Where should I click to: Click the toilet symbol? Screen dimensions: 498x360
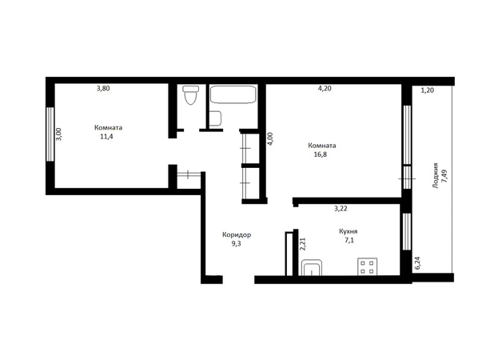pos(191,94)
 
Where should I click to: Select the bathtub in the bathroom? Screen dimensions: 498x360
pos(233,94)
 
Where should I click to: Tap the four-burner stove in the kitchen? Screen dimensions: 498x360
pos(368,266)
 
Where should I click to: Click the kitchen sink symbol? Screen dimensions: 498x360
pos(311,267)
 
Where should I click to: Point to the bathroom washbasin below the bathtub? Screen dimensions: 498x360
pos(215,118)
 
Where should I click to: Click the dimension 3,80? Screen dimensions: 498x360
pos(103,88)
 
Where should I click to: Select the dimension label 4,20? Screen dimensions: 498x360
pos(325,88)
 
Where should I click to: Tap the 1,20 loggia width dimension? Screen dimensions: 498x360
pos(427,90)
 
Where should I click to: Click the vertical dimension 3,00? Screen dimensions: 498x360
pos(58,134)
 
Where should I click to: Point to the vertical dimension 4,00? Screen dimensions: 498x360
pos(270,139)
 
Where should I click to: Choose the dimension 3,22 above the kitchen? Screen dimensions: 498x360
pos(341,209)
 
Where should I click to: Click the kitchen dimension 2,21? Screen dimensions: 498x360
pos(303,244)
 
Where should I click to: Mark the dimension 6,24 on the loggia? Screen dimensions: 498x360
pos(417,263)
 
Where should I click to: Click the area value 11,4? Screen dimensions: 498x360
pos(107,137)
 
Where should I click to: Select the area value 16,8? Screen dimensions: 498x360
pos(321,154)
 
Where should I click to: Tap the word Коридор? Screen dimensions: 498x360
pos(237,235)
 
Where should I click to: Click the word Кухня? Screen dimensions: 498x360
pos(348,231)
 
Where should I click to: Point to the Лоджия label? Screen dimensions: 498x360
pos(436,175)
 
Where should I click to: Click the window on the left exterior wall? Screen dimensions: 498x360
pos(50,134)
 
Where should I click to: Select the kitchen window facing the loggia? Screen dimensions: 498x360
pos(407,231)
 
